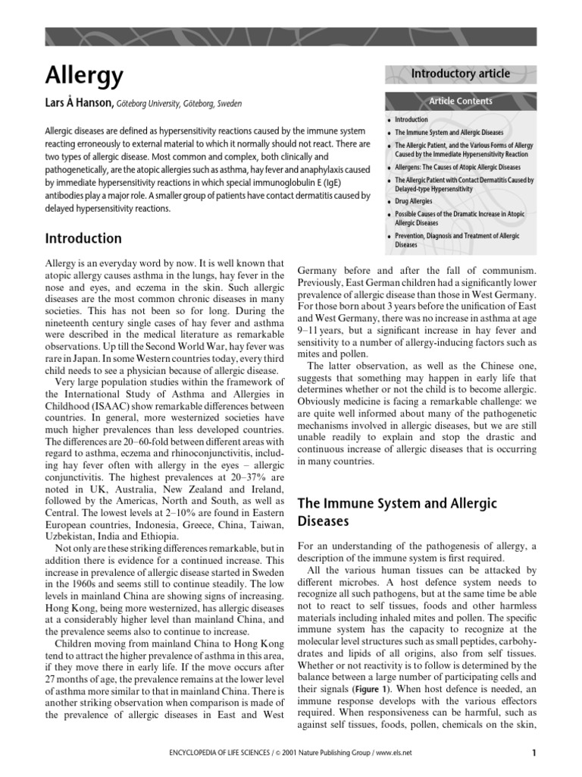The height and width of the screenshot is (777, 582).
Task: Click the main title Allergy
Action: (84, 76)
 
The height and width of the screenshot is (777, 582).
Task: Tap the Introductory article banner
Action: (460, 74)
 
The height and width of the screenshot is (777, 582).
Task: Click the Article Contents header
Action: (461, 101)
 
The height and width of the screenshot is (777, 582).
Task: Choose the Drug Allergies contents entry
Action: (413, 201)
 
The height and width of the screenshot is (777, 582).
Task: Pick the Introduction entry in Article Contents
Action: (411, 120)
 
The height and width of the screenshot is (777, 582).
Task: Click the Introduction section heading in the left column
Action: (84, 238)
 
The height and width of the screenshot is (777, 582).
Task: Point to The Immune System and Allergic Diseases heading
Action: (397, 513)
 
